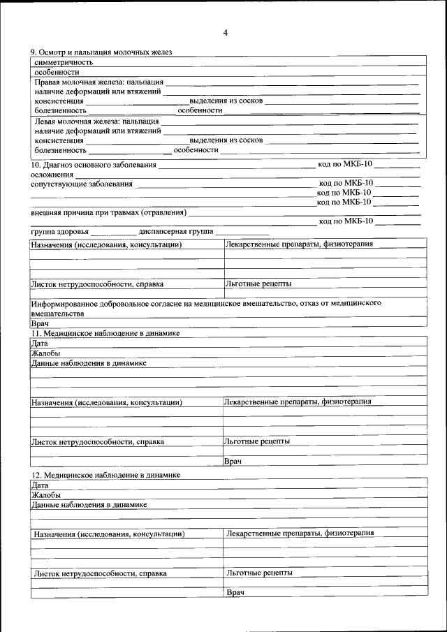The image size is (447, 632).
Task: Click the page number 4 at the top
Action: (225, 33)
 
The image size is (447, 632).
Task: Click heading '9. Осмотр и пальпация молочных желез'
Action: (101, 52)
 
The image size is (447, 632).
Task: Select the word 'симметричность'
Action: (64, 62)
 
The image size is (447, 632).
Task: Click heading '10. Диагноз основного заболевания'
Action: (94, 165)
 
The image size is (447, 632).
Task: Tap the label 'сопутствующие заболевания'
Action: (81, 184)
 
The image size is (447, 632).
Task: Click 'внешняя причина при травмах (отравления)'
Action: (108, 212)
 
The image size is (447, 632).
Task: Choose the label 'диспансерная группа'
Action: (176, 231)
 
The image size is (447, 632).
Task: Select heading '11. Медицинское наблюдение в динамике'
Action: (105, 333)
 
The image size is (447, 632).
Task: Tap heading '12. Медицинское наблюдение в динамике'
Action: (105, 475)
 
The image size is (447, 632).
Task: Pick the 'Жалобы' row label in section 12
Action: (46, 494)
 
